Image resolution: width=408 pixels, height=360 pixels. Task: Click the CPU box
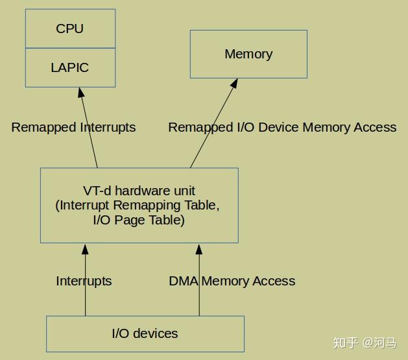coord(70,29)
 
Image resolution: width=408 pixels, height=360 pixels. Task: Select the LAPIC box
coord(70,67)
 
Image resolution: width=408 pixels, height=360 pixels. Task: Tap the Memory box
coord(248,54)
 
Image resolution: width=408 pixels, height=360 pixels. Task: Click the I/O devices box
coord(145,333)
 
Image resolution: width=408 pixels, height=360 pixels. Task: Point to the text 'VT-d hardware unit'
coord(139,191)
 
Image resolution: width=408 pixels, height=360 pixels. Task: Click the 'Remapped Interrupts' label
coord(73,127)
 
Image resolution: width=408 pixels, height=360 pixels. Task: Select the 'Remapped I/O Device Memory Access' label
coord(282,127)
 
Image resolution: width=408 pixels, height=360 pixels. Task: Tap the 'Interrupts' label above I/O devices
coord(84,281)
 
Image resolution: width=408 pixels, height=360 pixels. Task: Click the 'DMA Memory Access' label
coord(232,281)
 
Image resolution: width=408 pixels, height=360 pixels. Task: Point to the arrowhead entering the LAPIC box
coord(81,92)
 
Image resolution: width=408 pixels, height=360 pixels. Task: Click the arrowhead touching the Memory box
coord(235,84)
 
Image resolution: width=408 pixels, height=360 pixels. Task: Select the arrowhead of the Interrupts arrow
coord(85,248)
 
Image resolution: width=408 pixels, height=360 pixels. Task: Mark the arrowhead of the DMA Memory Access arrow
coord(199,248)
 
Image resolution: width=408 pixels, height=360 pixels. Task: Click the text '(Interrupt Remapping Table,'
coord(138,206)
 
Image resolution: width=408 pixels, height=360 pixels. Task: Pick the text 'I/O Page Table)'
coord(139,220)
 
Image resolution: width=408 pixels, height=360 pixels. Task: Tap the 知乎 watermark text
coord(346,342)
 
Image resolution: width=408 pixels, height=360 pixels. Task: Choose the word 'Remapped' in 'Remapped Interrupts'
coord(43,127)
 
